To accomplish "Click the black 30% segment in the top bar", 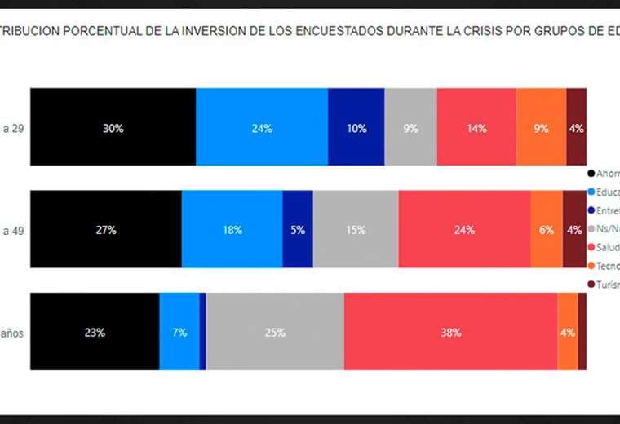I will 113,127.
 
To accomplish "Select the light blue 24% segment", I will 262,127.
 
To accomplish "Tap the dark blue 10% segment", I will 356,127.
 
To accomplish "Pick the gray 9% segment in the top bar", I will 410,127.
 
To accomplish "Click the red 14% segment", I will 476,127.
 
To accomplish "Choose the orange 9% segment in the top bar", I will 541,127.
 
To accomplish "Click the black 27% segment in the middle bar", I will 106,229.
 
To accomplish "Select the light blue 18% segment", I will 232,229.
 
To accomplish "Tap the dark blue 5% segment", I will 298,229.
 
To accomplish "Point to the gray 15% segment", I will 356,229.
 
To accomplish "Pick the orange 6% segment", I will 547,229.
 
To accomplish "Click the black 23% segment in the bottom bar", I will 95,331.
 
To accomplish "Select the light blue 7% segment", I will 179,331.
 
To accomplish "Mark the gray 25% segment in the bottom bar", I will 275,331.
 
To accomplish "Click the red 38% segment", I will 450,331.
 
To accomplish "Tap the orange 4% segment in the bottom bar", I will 568,331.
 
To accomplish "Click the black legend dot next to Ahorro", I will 591,174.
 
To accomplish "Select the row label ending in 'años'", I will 15,332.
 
